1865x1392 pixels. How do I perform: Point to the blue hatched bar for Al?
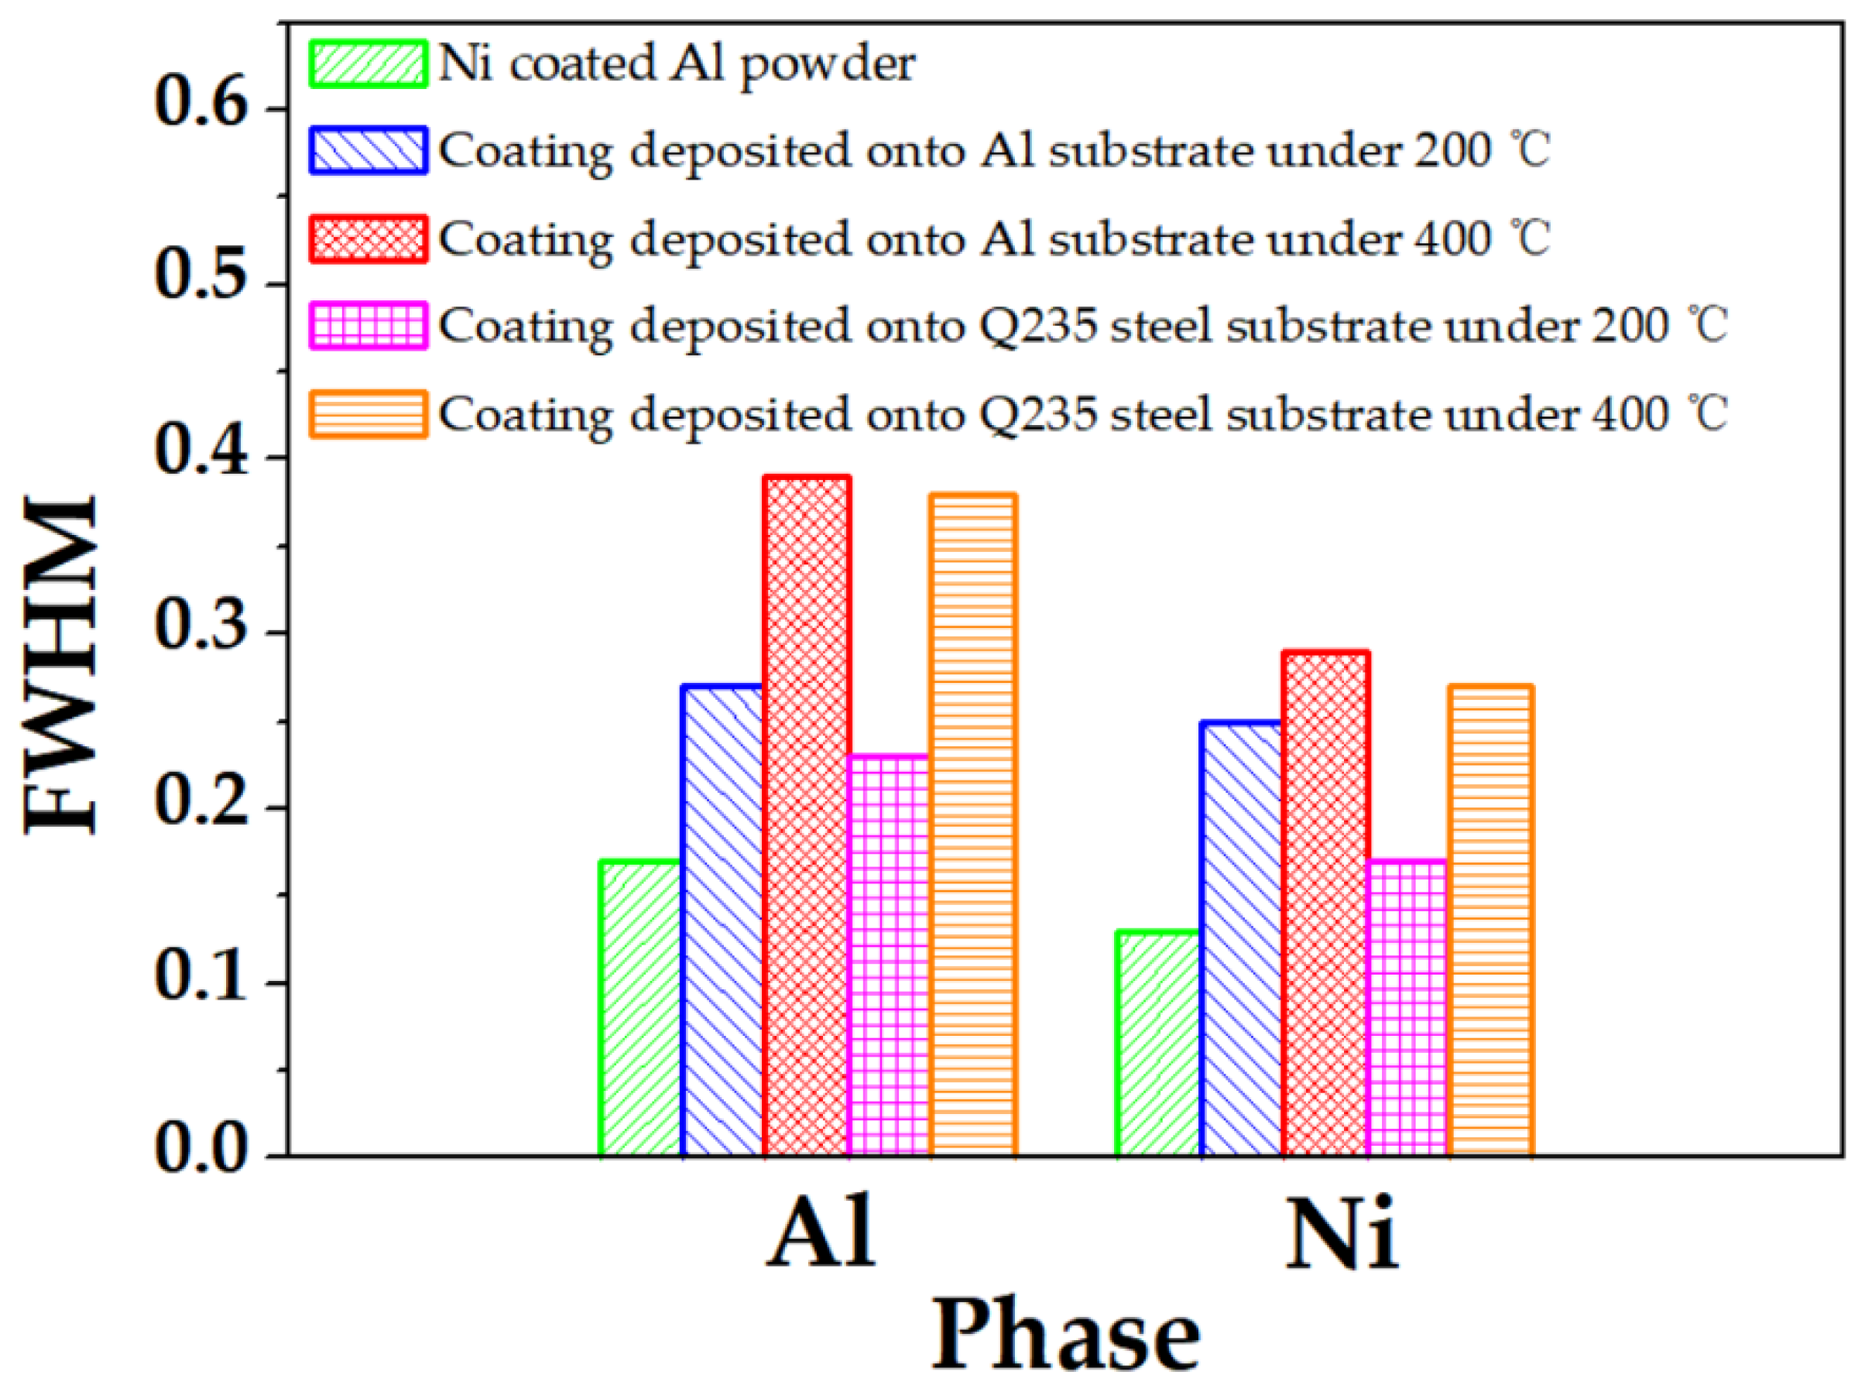point(724,919)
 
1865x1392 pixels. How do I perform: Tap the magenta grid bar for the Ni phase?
point(1407,1008)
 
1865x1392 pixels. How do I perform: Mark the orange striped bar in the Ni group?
point(1490,919)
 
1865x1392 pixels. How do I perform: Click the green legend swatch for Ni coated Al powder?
point(368,63)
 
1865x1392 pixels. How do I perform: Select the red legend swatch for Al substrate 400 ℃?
point(368,238)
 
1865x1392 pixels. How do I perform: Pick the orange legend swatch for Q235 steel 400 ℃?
point(368,413)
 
